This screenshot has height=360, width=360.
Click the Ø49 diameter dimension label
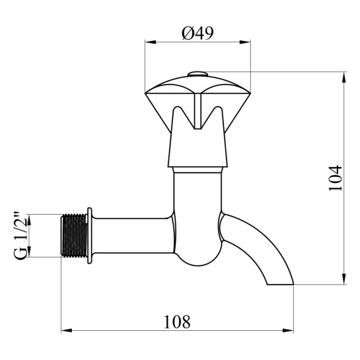pyautogui.click(x=198, y=33)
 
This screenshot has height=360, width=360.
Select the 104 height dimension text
pyautogui.click(x=335, y=178)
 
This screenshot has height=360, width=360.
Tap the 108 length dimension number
pyautogui.click(x=177, y=322)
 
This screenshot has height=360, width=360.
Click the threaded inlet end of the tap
pyautogui.click(x=74, y=235)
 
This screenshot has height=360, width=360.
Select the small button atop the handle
pyautogui.click(x=198, y=74)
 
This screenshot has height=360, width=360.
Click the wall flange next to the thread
pyautogui.click(x=90, y=236)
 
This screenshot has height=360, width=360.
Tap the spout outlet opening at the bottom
pyautogui.click(x=280, y=285)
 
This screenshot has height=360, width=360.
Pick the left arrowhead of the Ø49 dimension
pyautogui.click(x=151, y=42)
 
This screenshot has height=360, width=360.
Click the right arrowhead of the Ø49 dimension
pyautogui.click(x=245, y=42)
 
